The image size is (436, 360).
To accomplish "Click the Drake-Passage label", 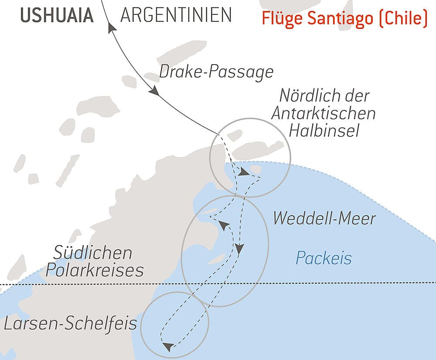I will pos(216,72).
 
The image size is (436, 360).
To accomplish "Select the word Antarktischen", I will pos(323,113).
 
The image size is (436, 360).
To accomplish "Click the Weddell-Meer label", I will pos(324,218).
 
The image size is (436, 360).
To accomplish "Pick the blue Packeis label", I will pos(324,258).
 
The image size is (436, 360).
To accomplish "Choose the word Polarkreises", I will pos(95,271).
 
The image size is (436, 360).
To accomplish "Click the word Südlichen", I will pos(92,253).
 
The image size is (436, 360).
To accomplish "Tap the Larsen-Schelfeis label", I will pos(70,324).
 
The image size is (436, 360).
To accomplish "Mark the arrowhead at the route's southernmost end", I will pos(167,347).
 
